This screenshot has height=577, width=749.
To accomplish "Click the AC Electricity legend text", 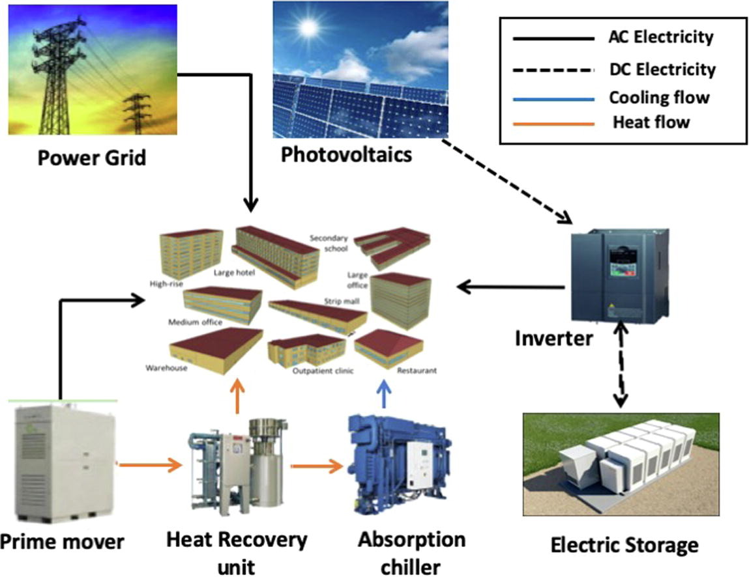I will click(x=656, y=37).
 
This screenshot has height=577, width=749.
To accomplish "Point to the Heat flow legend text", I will click(x=651, y=121).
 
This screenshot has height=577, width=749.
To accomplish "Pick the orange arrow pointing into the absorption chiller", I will click(x=317, y=465).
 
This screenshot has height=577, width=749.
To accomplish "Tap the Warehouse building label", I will click(x=167, y=368).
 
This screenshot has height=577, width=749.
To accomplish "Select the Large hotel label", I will click(x=233, y=272).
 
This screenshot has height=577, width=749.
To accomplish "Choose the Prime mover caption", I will click(x=62, y=541).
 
